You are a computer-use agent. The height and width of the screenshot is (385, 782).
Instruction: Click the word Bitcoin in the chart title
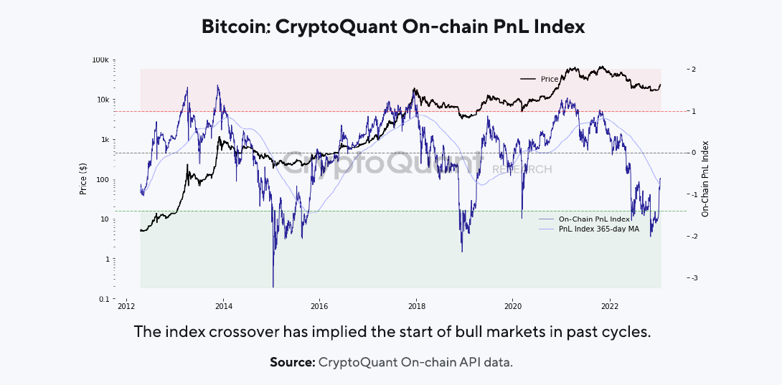pos(234,27)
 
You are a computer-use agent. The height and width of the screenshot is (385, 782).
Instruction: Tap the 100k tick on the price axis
pos(100,60)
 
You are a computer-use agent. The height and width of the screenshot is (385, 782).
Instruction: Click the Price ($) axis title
pos(83,179)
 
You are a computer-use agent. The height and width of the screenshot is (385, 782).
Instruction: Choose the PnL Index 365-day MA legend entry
pos(597,229)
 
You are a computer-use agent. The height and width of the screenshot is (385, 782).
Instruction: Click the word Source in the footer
pos(292,362)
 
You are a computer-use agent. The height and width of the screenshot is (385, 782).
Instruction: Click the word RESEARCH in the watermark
pos(522,169)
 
